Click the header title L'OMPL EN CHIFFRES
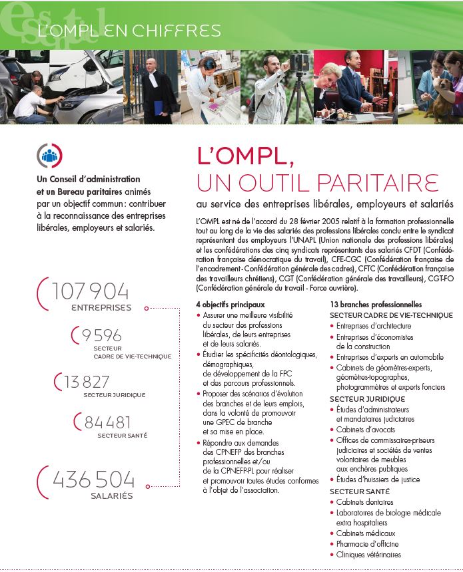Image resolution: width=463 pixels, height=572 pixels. (x=129, y=31)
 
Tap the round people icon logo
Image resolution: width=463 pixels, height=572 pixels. (x=49, y=156)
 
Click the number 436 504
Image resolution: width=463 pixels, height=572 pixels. (x=93, y=480)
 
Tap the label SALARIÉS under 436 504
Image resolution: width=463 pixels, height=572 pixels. (x=112, y=496)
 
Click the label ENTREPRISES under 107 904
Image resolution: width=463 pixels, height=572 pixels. (x=101, y=308)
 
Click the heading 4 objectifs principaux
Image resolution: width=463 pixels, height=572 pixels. (x=230, y=304)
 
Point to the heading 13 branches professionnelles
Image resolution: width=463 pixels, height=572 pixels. (x=376, y=304)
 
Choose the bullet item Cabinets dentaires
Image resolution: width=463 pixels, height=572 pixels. (x=364, y=502)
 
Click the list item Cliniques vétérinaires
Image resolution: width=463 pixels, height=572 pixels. (x=368, y=555)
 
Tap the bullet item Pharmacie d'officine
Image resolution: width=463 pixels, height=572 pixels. (x=367, y=544)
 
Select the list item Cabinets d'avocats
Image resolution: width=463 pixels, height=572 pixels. (x=365, y=430)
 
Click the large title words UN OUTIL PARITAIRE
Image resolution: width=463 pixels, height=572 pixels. (x=317, y=182)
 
